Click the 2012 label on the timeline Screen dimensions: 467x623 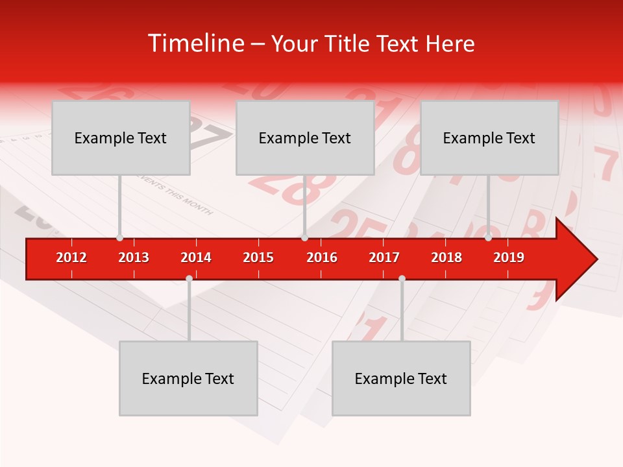pos(71,257)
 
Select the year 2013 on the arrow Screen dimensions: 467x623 pos(134,257)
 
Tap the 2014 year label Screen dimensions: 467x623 pos(196,257)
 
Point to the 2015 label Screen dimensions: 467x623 pos(258,257)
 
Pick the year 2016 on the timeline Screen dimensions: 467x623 pos(322,257)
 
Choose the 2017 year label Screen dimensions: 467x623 pos(384,257)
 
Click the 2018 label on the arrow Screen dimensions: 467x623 pos(446,257)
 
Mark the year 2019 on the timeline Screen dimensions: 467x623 pos(509,257)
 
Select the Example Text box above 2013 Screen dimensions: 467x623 pos(121,138)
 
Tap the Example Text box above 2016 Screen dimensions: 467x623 pos(305,138)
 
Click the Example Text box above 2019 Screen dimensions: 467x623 pos(489,138)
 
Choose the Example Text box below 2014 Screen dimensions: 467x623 pos(188,378)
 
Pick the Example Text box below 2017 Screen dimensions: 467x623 pos(401,378)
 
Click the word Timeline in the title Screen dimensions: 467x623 pos(195,43)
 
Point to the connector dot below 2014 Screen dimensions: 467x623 pos(189,278)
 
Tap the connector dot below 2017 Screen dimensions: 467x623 pos(402,278)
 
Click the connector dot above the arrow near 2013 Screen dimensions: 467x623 pos(119,238)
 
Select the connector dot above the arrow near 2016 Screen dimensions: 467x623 pos(304,238)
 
